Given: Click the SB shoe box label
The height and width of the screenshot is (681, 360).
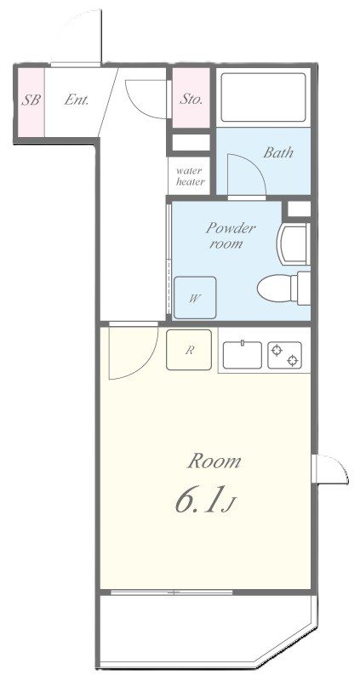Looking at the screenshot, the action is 31,100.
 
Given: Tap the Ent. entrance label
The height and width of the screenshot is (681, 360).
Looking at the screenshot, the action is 77,100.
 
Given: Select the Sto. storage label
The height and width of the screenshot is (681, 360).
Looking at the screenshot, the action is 191,100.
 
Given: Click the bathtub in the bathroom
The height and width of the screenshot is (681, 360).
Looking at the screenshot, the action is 263,97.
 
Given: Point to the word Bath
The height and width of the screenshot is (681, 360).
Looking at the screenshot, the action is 278,152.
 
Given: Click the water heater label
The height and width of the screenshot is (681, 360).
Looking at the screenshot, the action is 190,176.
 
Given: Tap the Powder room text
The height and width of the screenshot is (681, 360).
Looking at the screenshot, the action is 231,236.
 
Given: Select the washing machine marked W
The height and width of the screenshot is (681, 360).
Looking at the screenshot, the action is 195,297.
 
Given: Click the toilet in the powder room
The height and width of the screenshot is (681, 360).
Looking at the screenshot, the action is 283,288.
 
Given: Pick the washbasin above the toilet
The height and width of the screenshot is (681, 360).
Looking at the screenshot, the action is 294,243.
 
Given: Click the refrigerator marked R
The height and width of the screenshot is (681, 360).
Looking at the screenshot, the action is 189,350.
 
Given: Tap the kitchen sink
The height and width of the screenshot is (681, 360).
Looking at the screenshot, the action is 243,355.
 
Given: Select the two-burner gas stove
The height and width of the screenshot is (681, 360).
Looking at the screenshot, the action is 285,355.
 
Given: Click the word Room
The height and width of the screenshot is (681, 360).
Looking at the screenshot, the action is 214,461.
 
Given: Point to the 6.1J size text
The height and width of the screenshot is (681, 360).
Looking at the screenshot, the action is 205,501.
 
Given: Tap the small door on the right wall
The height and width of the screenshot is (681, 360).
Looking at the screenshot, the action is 330,469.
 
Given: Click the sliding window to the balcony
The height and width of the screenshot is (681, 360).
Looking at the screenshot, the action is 172,592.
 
